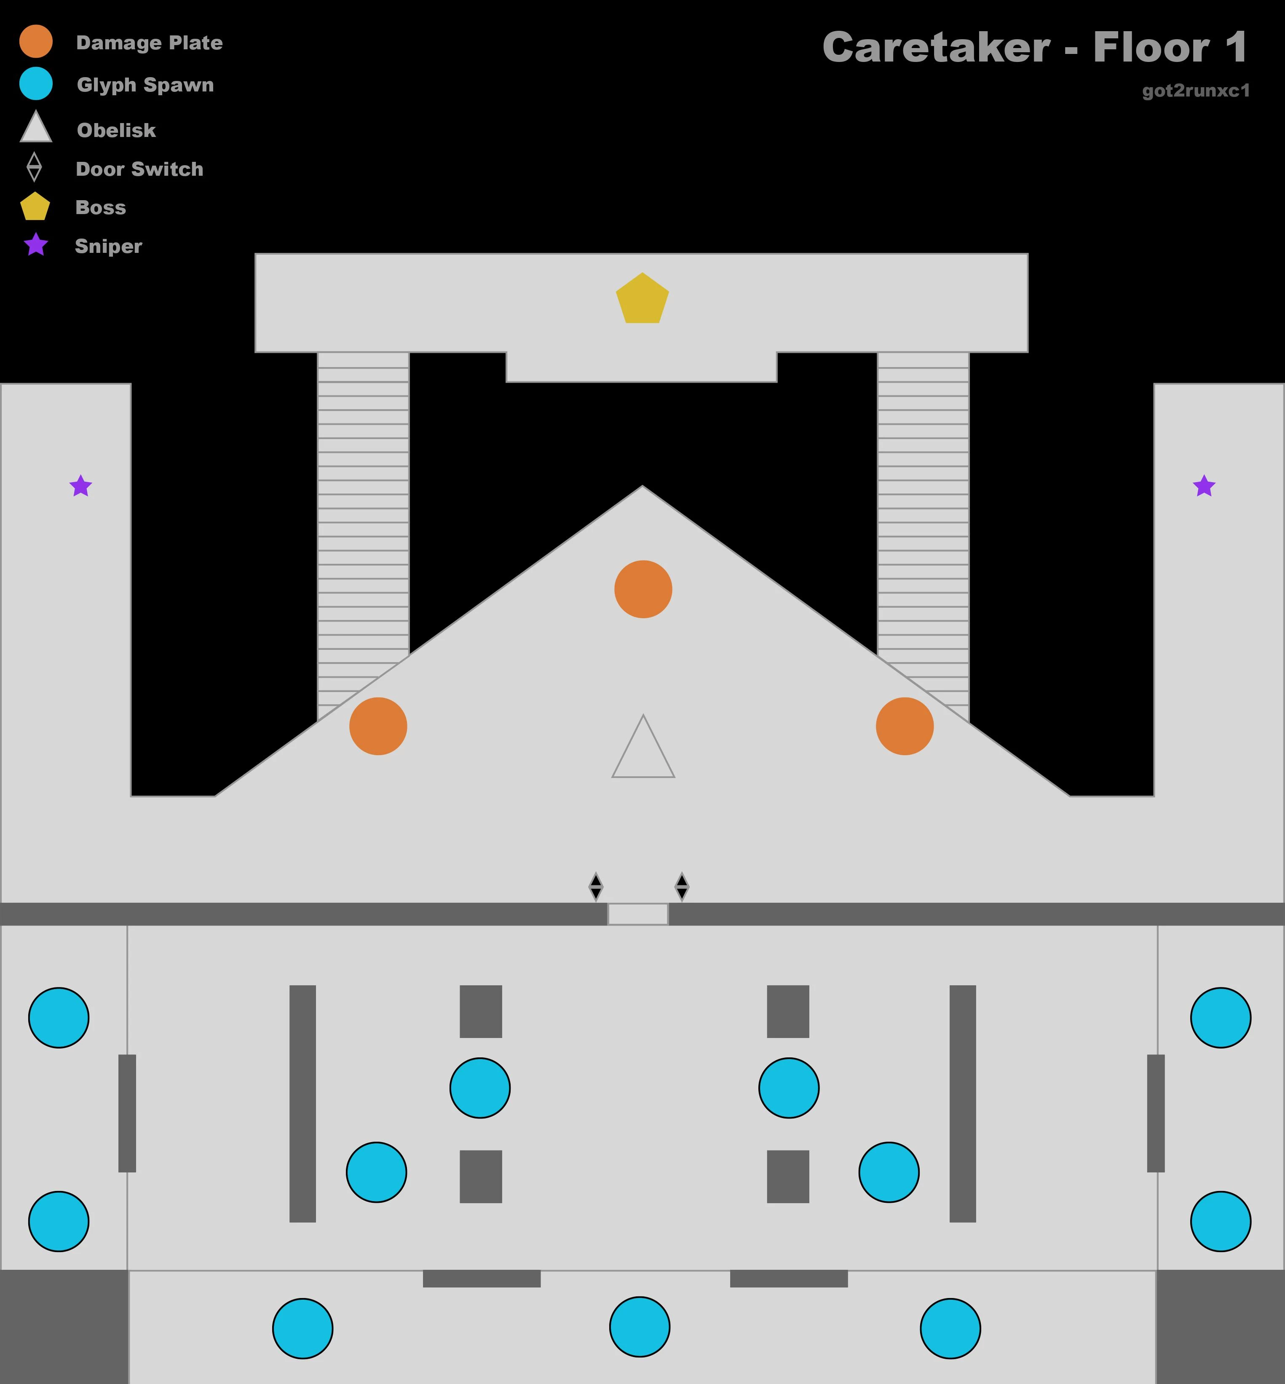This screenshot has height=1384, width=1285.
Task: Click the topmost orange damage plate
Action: click(x=643, y=589)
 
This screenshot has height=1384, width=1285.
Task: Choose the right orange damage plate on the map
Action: click(x=905, y=726)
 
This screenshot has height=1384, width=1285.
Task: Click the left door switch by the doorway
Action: click(x=596, y=886)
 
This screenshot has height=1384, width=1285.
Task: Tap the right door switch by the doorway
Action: click(x=682, y=886)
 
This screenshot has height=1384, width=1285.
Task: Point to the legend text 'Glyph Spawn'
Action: click(x=145, y=85)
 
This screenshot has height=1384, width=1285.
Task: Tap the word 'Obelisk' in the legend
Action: click(x=116, y=130)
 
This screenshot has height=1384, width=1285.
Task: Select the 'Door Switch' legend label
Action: click(x=140, y=169)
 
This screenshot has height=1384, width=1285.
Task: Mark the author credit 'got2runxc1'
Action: click(x=1196, y=91)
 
